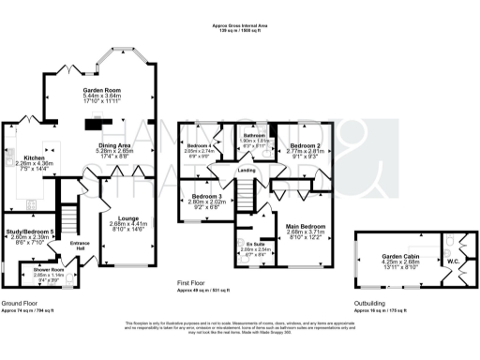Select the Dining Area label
pos(114,144)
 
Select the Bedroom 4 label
pos(198,146)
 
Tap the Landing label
pos(247,170)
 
